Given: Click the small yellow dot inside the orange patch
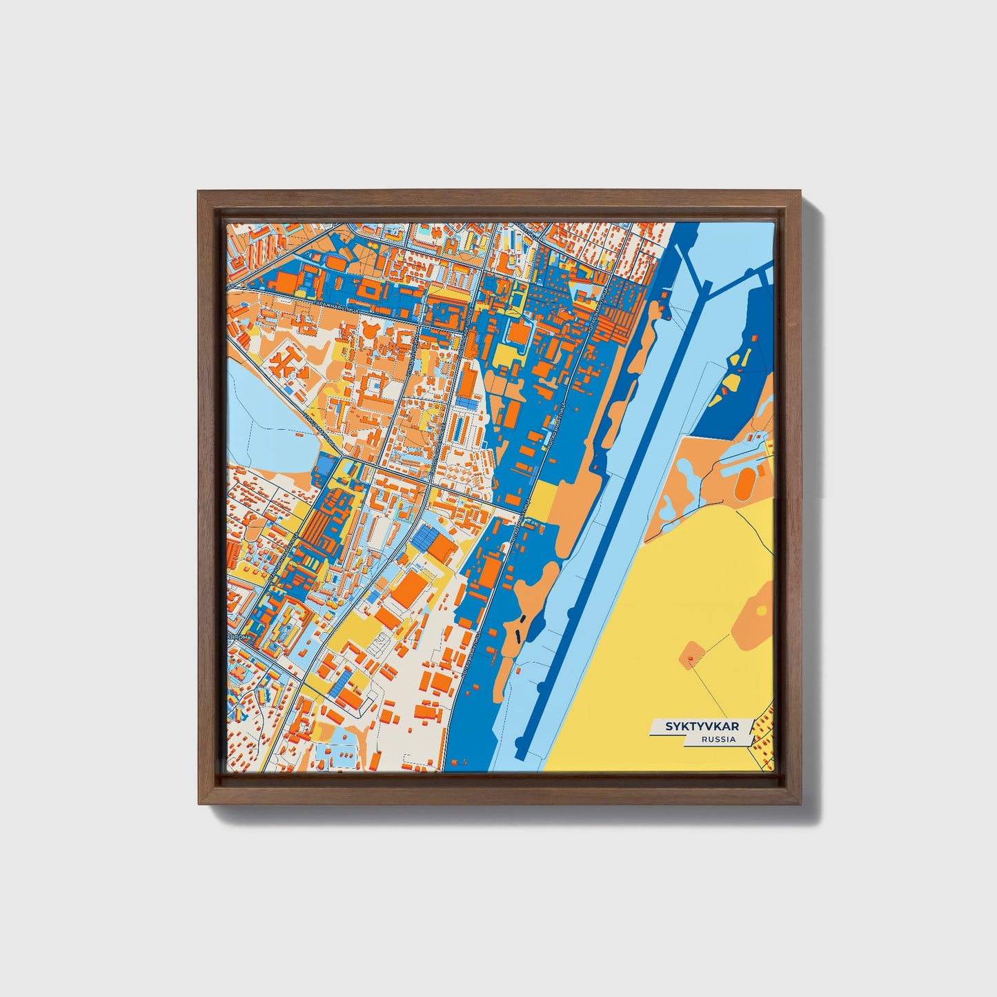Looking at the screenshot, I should coord(760,610).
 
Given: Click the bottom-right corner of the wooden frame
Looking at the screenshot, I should coord(802,804).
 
